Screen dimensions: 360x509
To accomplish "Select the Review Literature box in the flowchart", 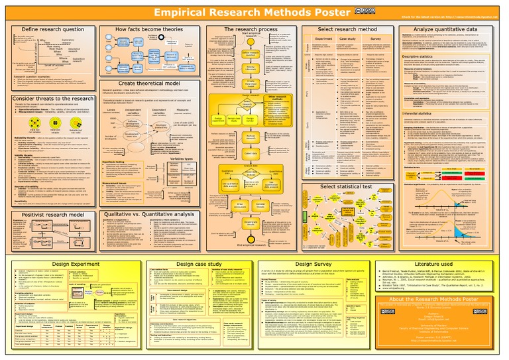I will [x=252, y=68].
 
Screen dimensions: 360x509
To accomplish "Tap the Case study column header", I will [x=361, y=39].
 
